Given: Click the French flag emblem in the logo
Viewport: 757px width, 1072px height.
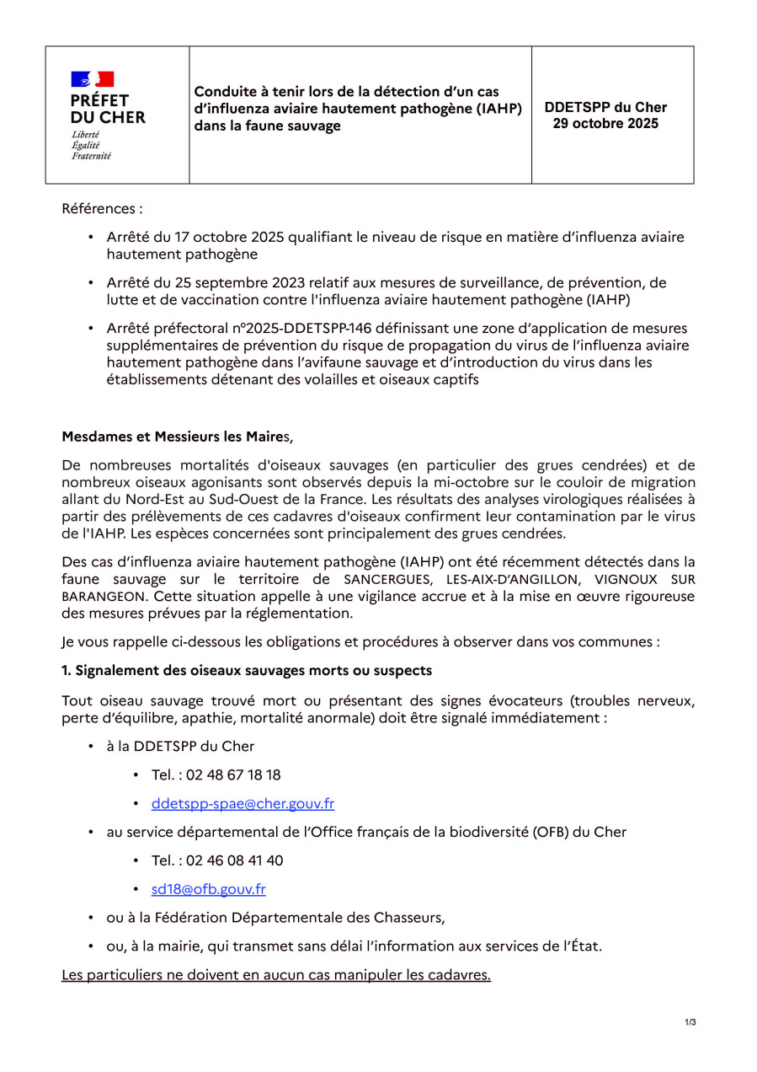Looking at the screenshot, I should click(x=93, y=80).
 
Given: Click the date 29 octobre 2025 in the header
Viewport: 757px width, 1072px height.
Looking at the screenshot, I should click(x=605, y=124).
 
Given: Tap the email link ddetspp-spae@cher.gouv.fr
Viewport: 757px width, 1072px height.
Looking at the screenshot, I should click(x=243, y=804).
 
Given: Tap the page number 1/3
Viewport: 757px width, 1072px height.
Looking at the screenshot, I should click(x=690, y=1022).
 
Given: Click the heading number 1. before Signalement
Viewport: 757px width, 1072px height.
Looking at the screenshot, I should click(x=67, y=670).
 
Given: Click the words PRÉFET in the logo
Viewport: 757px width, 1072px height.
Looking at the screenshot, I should click(x=100, y=101).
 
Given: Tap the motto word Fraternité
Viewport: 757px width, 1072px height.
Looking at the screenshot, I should click(x=91, y=155).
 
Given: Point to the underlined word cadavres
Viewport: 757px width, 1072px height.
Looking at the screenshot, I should click(x=459, y=975).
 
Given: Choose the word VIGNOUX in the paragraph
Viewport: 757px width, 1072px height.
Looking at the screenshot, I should click(x=625, y=580).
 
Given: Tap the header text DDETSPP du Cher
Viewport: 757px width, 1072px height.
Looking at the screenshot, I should click(x=605, y=108).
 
